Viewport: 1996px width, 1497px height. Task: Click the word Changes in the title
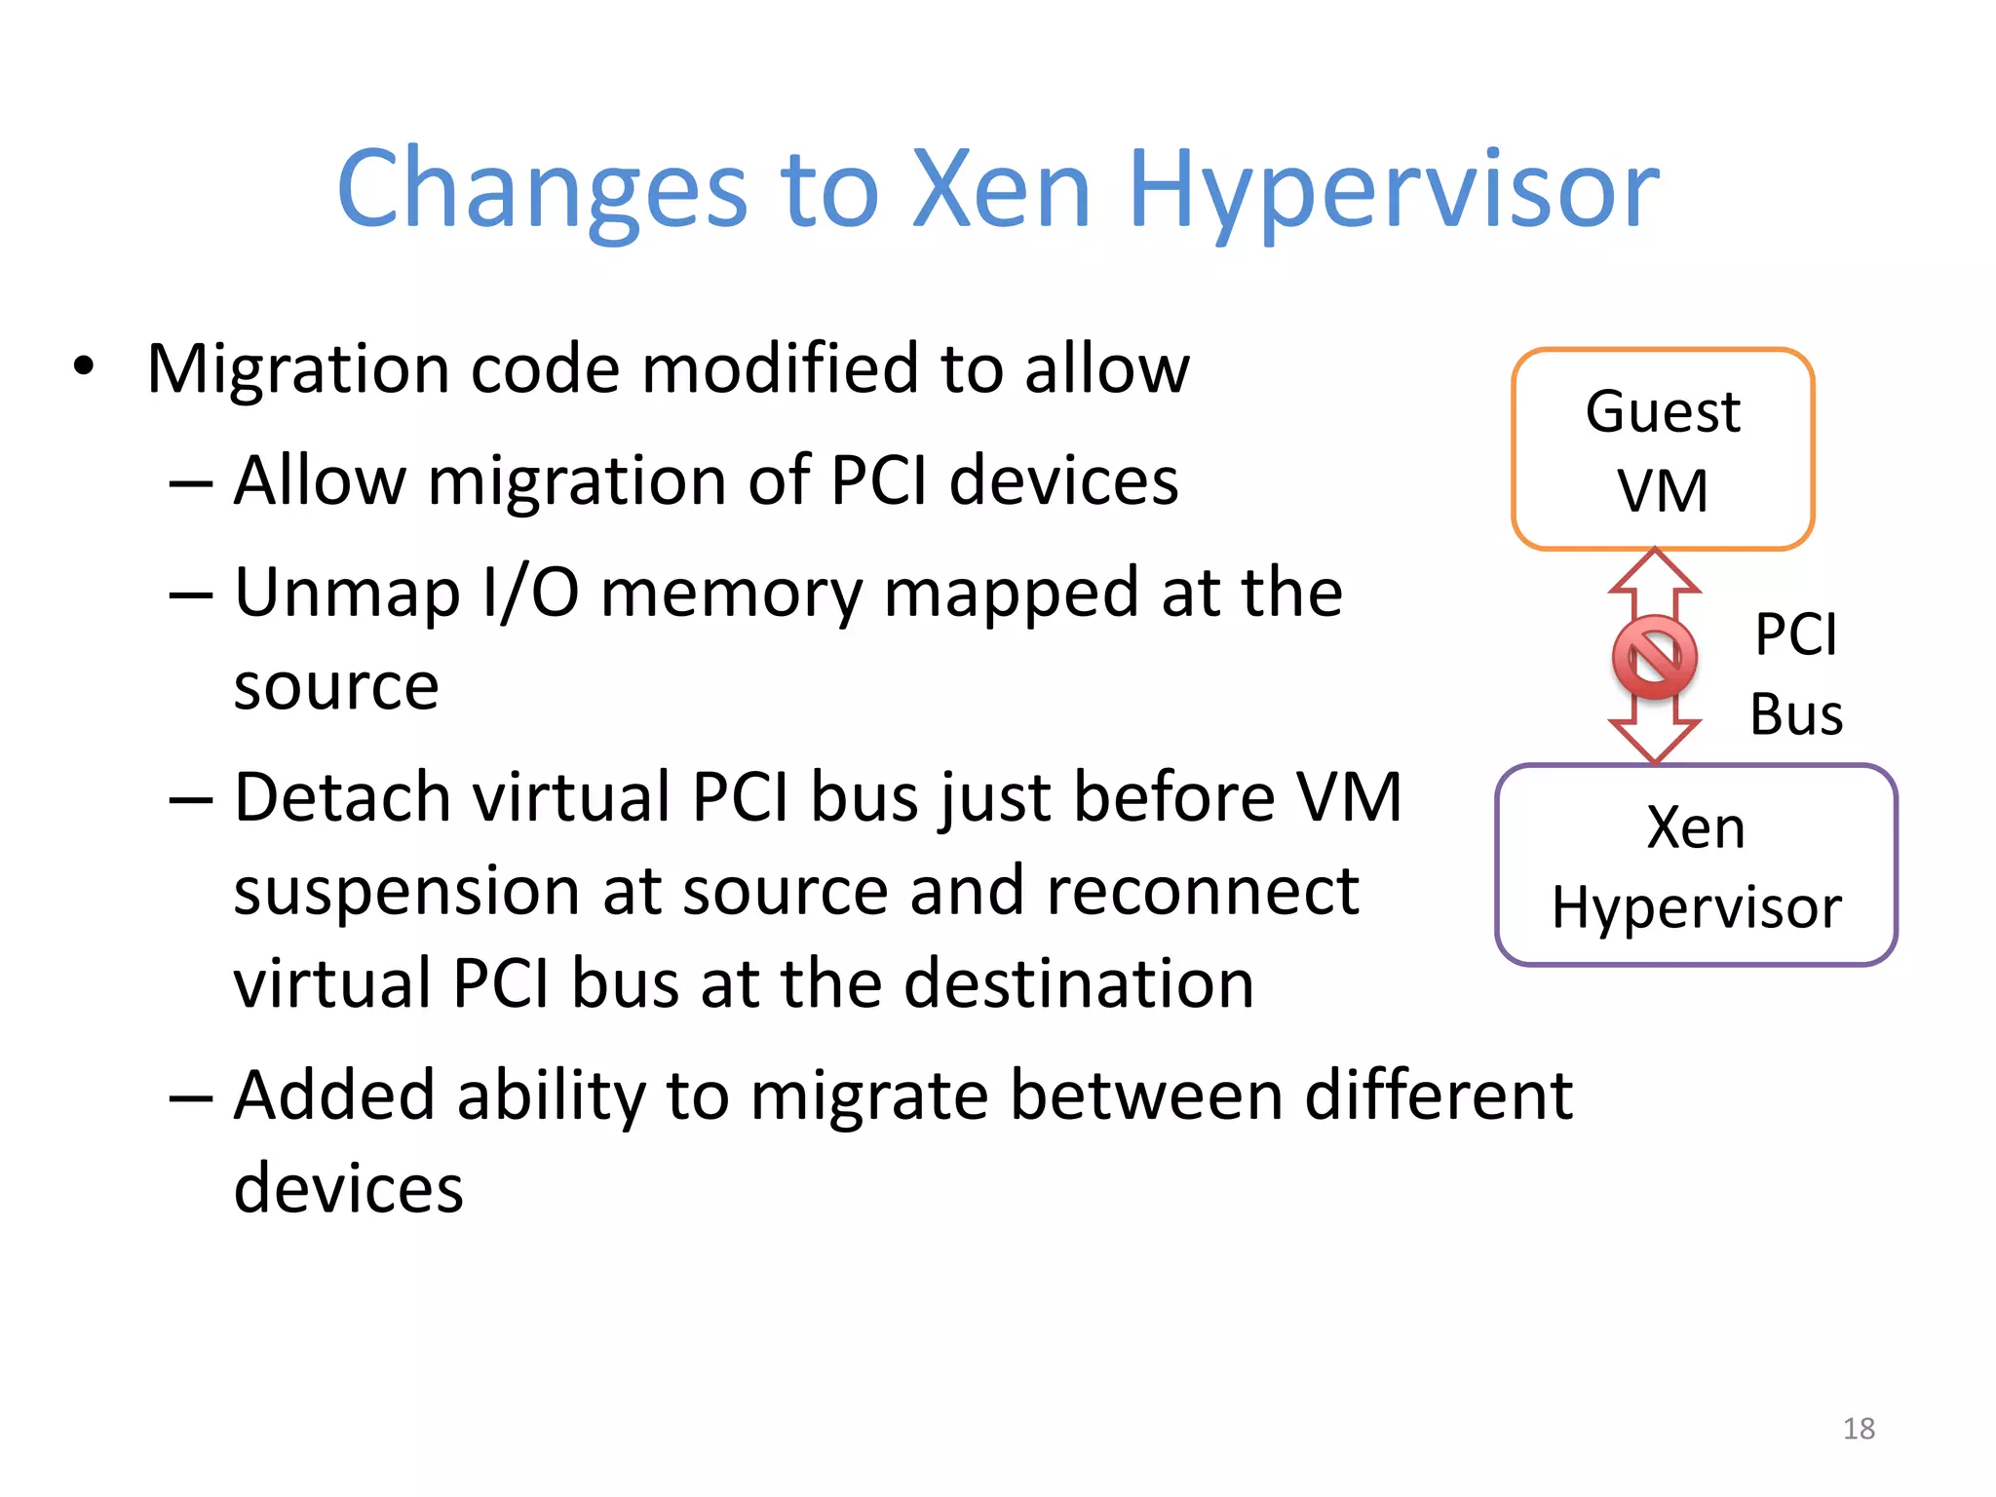pyautogui.click(x=542, y=190)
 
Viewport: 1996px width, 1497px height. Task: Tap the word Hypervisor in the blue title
pyautogui.click(x=1393, y=190)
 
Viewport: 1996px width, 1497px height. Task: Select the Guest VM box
pyautogui.click(x=1663, y=449)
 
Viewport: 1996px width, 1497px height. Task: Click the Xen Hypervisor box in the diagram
pyautogui.click(x=1696, y=865)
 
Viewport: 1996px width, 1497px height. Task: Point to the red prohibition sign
pyautogui.click(x=1654, y=657)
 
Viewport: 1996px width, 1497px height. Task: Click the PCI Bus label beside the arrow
pyautogui.click(x=1795, y=673)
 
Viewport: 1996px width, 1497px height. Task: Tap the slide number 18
pyautogui.click(x=1859, y=1429)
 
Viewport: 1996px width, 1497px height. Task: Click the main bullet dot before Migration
pyautogui.click(x=85, y=367)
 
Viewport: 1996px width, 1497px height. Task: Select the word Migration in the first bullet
pyautogui.click(x=298, y=369)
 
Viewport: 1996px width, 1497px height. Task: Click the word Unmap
pyautogui.click(x=347, y=594)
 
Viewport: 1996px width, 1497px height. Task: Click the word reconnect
pyautogui.click(x=1203, y=891)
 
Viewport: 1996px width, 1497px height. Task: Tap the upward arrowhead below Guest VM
pyautogui.click(x=1654, y=570)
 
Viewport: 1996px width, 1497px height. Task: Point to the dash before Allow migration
pyautogui.click(x=190, y=483)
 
